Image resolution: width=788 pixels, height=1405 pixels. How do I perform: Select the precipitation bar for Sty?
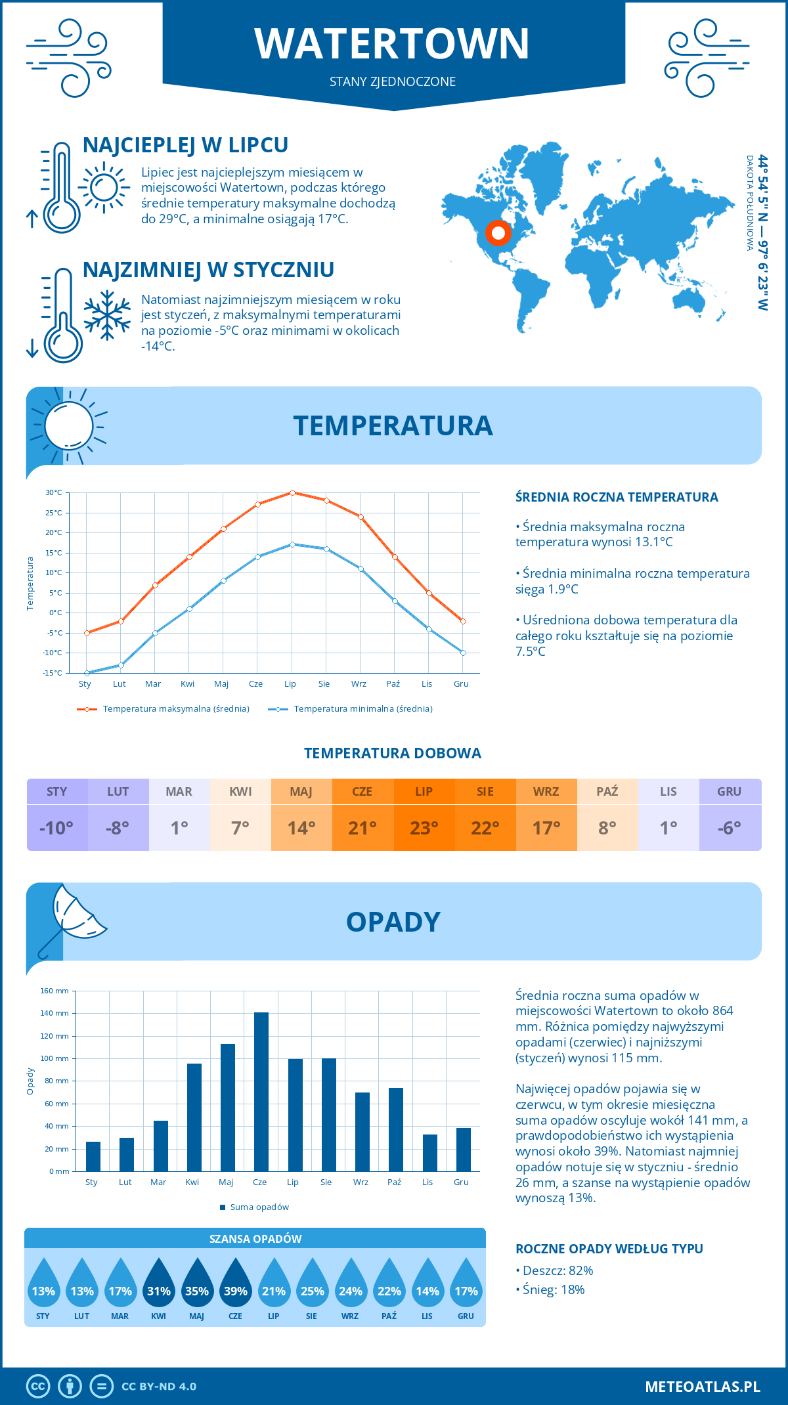[93, 1156]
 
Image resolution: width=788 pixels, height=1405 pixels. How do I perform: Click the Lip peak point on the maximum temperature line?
[292, 492]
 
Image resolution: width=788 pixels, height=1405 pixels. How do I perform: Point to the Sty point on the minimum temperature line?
[87, 673]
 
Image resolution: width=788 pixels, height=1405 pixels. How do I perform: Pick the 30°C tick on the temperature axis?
[54, 492]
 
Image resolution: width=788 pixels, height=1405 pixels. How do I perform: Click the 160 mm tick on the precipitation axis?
[55, 991]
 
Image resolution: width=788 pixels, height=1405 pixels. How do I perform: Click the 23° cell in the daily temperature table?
[424, 828]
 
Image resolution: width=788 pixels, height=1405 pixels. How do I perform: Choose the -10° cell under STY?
[56, 828]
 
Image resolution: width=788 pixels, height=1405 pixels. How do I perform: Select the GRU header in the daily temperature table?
[729, 792]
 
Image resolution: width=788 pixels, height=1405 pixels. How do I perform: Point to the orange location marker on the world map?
[498, 232]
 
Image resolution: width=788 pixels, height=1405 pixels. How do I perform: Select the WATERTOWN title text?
[392, 44]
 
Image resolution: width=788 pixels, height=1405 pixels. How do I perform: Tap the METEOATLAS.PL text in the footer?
[702, 1387]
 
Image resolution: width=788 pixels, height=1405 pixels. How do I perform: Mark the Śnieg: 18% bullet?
[554, 1289]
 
